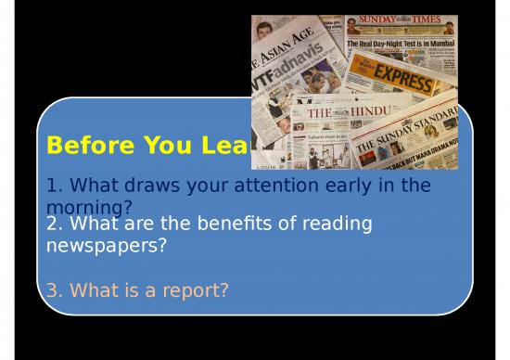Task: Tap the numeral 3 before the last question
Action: coord(52,291)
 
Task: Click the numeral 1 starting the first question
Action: coord(52,185)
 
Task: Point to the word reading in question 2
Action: coord(337,225)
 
